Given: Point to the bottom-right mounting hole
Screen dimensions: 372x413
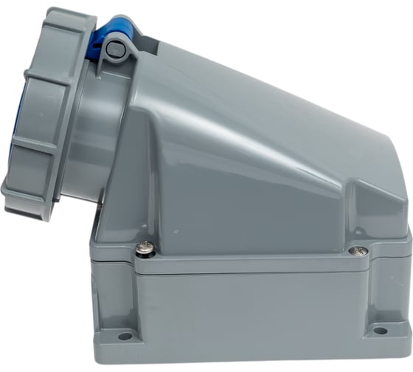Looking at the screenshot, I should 380,331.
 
